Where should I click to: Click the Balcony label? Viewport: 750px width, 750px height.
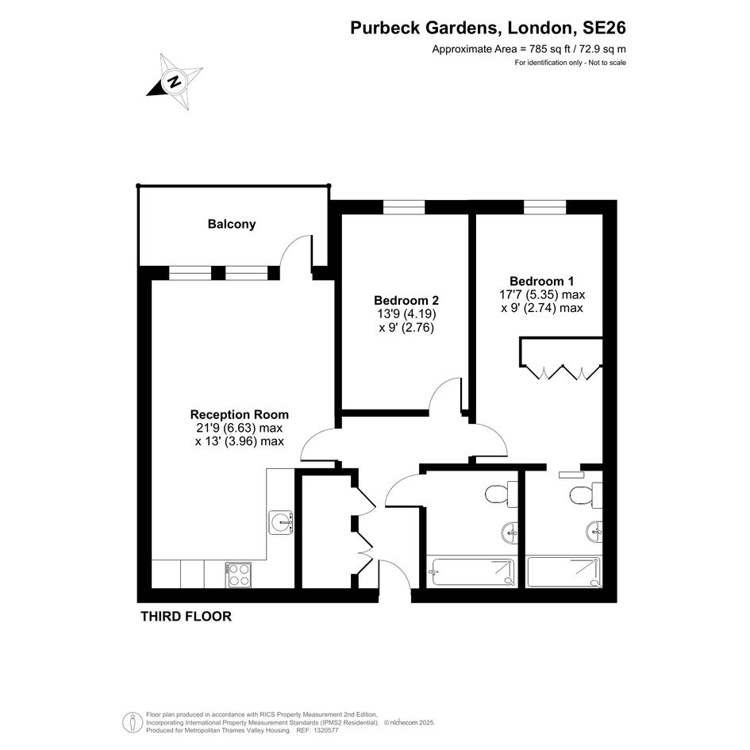[x=232, y=224]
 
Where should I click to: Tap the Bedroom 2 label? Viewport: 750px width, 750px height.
[x=406, y=300]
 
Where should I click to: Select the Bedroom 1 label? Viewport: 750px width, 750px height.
[x=541, y=281]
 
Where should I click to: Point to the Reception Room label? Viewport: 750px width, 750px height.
[x=239, y=414]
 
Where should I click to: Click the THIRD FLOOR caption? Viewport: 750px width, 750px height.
[x=186, y=617]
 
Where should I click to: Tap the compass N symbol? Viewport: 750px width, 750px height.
[x=175, y=82]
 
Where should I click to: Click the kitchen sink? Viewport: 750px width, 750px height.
[x=281, y=522]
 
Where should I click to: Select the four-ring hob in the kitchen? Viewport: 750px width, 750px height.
[x=238, y=575]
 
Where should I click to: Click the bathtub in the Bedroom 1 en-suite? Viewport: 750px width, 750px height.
[x=564, y=571]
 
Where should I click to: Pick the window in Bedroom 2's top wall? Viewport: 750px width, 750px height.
[x=404, y=207]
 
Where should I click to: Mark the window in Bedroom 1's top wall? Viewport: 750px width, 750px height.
[x=544, y=207]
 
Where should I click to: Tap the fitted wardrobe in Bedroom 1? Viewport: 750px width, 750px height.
[x=561, y=358]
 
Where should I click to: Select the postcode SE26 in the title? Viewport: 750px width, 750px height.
[x=604, y=28]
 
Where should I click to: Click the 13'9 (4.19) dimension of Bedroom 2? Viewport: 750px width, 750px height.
[x=406, y=314]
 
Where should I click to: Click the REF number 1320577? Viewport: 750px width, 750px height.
[x=325, y=730]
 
